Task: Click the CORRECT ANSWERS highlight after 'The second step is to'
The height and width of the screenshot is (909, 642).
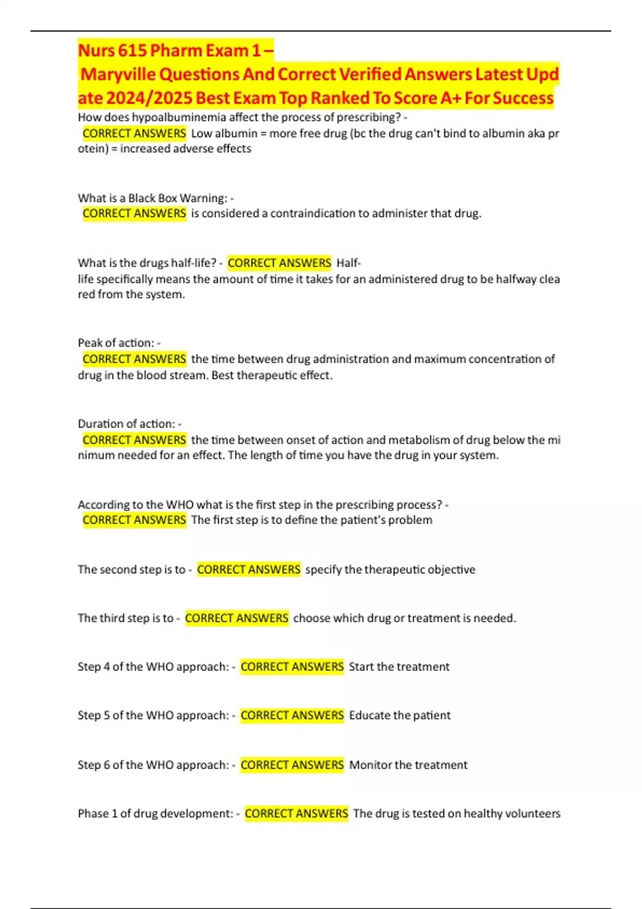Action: pyautogui.click(x=249, y=569)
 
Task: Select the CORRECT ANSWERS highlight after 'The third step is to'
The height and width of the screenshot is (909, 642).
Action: pyautogui.click(x=236, y=618)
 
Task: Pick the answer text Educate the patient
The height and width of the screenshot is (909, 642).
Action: pyautogui.click(x=400, y=715)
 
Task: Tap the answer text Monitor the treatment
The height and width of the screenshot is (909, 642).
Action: pyautogui.click(x=408, y=765)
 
